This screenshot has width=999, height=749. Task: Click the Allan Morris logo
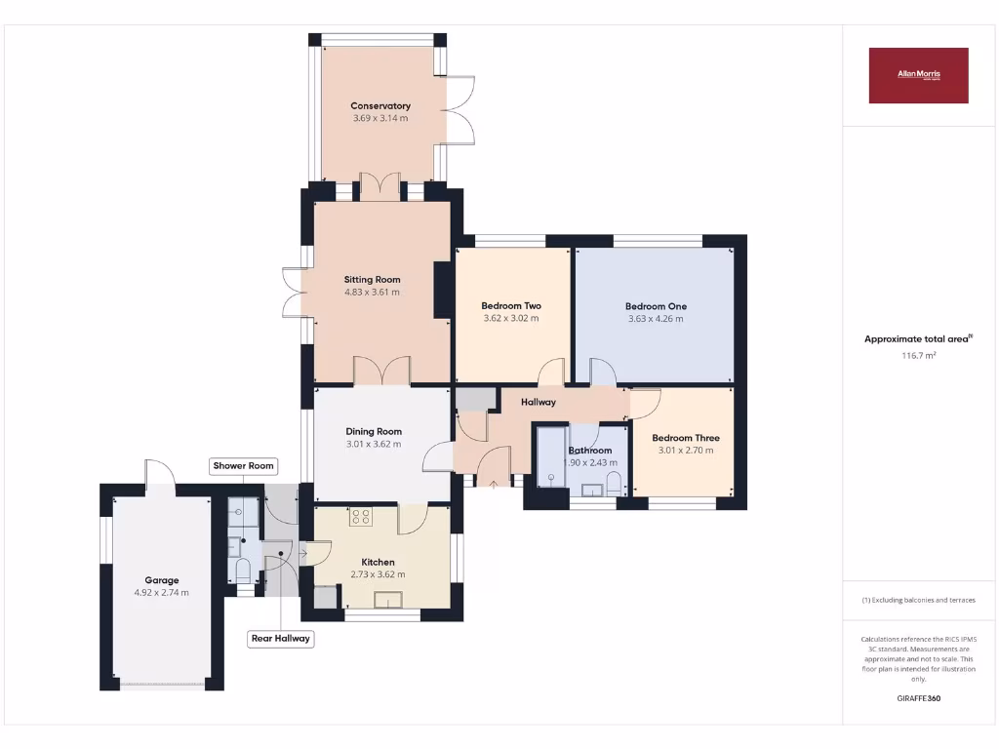tap(918, 75)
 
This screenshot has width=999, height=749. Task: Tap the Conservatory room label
tap(380, 105)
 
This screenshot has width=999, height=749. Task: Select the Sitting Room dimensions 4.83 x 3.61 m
tap(372, 292)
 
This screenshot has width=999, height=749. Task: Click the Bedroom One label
tap(655, 306)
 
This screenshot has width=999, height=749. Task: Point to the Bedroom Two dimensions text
tap(511, 318)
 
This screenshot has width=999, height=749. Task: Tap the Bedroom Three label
tap(686, 438)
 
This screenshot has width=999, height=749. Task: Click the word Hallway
tap(539, 402)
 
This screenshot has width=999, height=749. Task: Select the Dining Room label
tap(374, 431)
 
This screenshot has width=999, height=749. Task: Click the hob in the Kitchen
tap(361, 517)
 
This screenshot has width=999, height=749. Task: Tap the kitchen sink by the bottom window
tap(389, 600)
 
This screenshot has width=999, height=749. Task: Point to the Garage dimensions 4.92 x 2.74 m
tap(162, 592)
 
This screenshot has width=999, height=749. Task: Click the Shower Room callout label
tap(244, 466)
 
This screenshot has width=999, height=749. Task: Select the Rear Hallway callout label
tap(280, 639)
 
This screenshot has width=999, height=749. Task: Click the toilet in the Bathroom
tap(614, 482)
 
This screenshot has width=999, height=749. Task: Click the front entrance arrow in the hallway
tap(493, 481)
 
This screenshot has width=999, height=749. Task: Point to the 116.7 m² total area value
tap(918, 356)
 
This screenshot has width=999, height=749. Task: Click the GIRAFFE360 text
tap(918, 698)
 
